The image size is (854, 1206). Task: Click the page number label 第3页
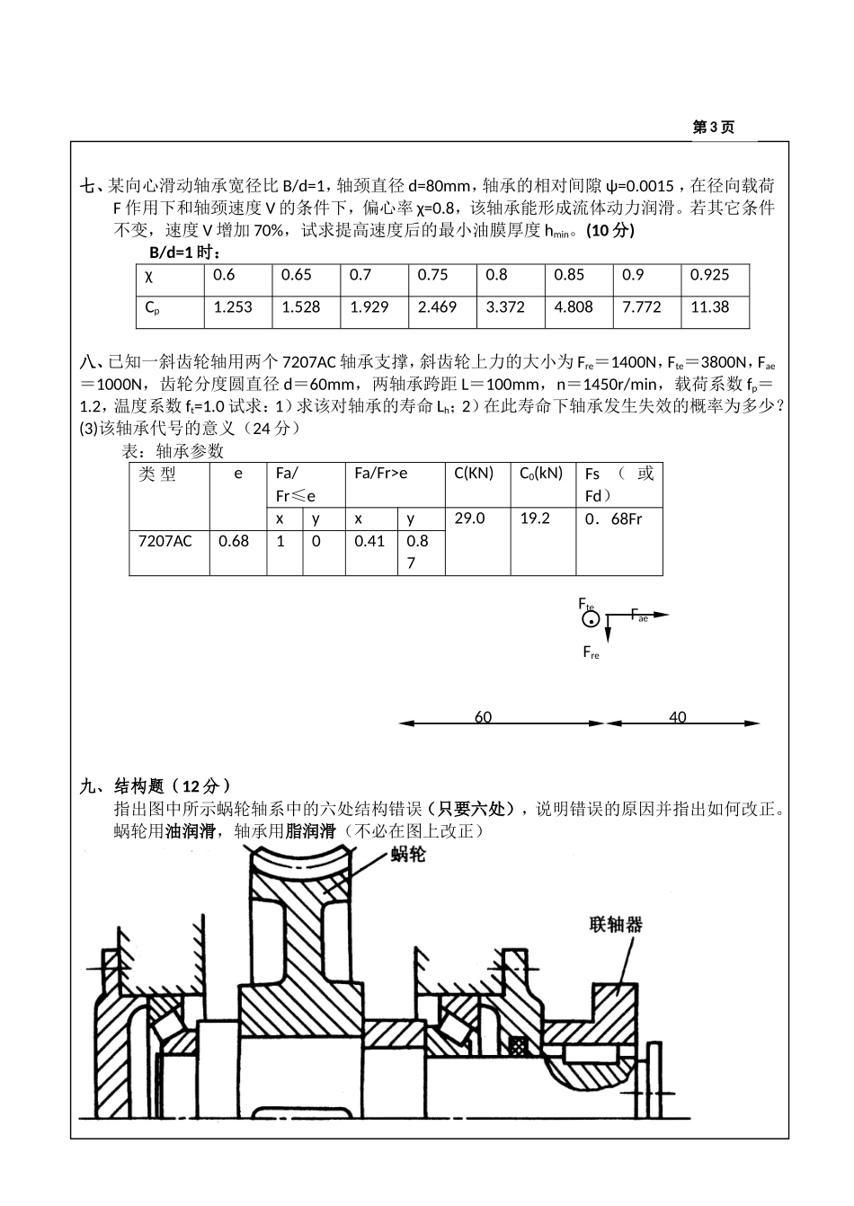[x=713, y=128]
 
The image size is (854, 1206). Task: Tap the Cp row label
[x=153, y=307]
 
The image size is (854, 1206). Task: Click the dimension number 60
[x=483, y=717]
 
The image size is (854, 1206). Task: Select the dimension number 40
[x=677, y=717]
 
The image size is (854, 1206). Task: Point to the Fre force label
[x=591, y=652]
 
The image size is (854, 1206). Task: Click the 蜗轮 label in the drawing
[x=408, y=855]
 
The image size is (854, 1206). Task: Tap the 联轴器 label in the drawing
[x=616, y=924]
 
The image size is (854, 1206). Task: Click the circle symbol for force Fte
[x=590, y=620]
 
